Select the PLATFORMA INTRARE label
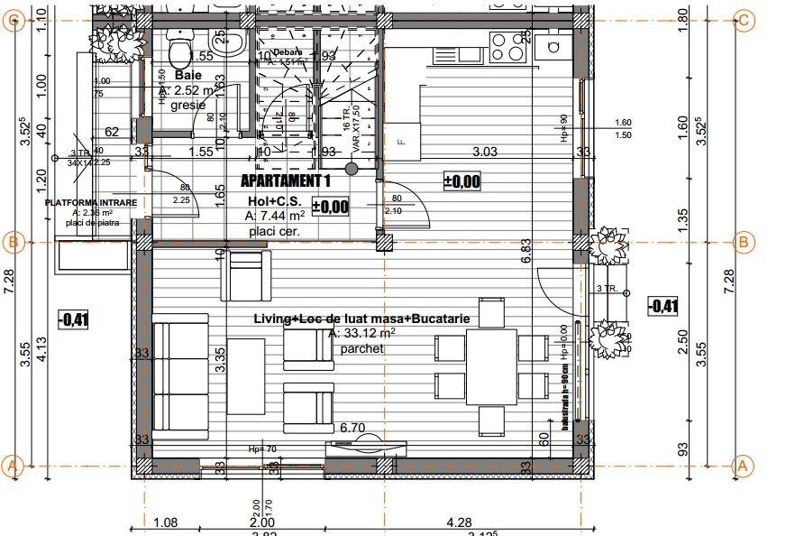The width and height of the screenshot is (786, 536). click(93, 203)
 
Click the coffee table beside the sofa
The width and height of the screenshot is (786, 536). click(245, 374)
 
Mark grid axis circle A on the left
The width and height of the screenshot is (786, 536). click(13, 466)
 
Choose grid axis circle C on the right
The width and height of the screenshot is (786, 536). click(745, 21)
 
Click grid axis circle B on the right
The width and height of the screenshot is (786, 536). click(745, 242)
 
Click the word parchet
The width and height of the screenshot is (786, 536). click(361, 348)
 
